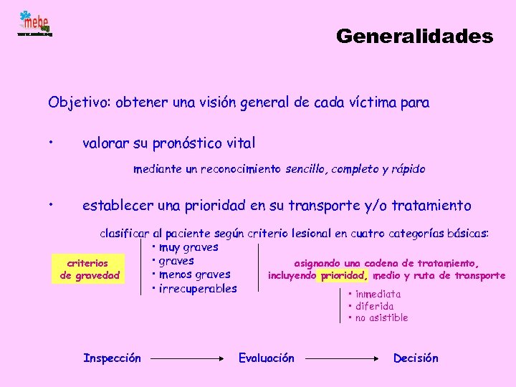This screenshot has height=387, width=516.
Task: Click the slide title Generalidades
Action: (x=414, y=36)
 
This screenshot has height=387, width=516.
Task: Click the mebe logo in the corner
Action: (x=34, y=23)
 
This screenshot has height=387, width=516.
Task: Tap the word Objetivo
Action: (x=75, y=102)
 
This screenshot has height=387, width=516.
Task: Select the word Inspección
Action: (x=112, y=358)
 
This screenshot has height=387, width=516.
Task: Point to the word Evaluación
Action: (x=266, y=358)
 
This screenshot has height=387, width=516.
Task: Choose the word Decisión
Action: (x=416, y=358)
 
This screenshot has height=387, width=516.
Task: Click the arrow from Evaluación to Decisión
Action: (x=343, y=358)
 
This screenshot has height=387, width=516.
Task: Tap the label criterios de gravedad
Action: (x=90, y=269)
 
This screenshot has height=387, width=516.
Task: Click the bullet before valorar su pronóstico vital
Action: (x=52, y=141)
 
